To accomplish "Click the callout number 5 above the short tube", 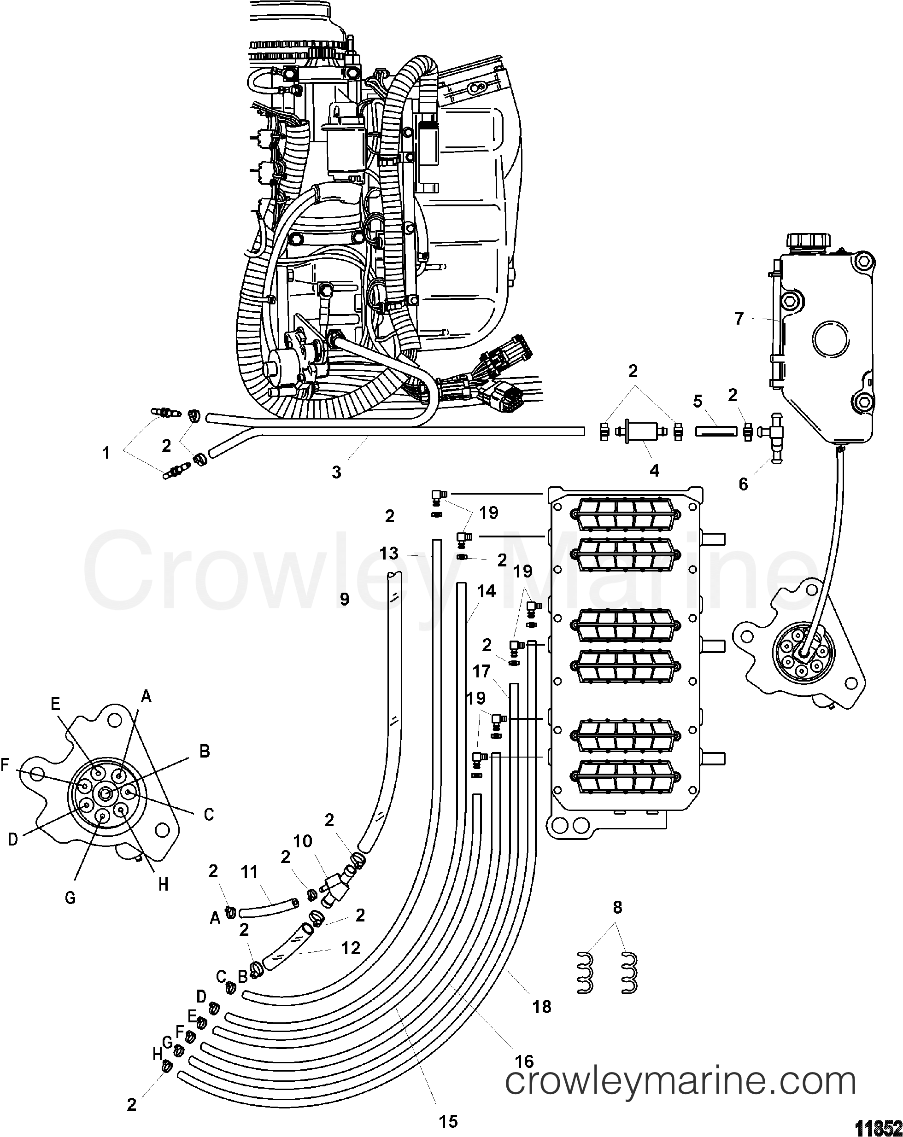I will [x=698, y=402].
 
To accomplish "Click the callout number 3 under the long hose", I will [x=336, y=472].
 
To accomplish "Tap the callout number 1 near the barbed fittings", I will [x=106, y=453].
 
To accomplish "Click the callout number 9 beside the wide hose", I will [x=345, y=600].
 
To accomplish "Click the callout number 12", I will [x=351, y=948].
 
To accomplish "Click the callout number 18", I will [x=542, y=1006].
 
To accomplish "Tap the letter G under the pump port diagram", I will [x=70, y=897].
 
